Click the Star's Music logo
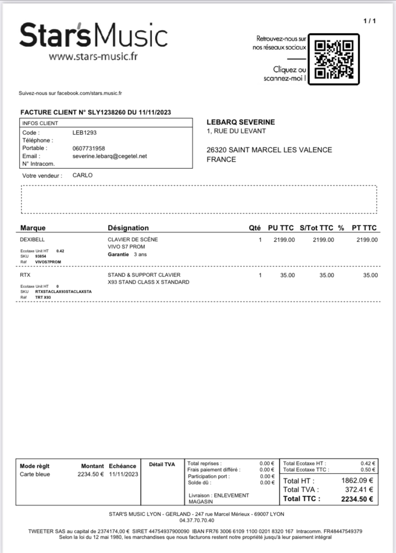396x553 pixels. pos(93,36)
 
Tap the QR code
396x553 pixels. pos(334,59)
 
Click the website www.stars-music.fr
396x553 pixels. pos(93,56)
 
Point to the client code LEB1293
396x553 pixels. pos(84,133)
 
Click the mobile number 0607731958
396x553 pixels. pos(88,148)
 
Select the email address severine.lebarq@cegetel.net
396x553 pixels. pos(110,156)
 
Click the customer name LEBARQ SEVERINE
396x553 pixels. pos(241,122)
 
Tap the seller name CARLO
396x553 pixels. pos(82,176)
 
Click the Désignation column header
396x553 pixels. pos(128,228)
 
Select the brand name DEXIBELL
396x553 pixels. pos(32,240)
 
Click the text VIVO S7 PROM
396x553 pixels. pos(126,247)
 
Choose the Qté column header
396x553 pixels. pos(255,228)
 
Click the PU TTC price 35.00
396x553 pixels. pos(287,275)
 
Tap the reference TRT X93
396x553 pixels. pos(43,297)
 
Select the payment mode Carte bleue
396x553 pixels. pos(35,475)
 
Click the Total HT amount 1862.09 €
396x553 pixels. pos(357,481)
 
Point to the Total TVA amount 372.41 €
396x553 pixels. pos(359,489)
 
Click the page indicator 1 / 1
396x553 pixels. pos(370,21)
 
